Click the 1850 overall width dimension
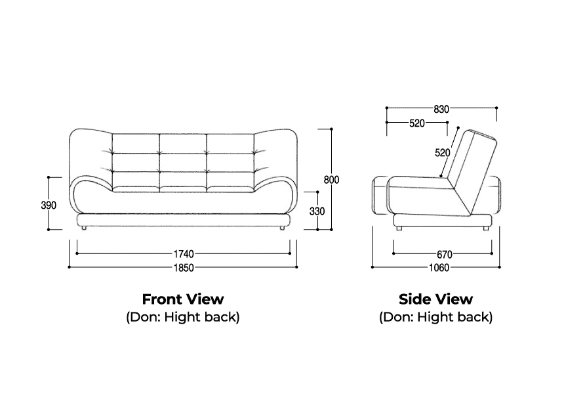pyautogui.click(x=184, y=268)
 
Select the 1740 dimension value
pyautogui.click(x=184, y=254)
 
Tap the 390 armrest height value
pyautogui.click(x=49, y=205)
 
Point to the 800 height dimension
pyautogui.click(x=331, y=179)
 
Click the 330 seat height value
pyautogui.click(x=317, y=211)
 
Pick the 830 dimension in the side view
pyautogui.click(x=441, y=109)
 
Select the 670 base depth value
pyautogui.click(x=445, y=255)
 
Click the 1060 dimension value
pyautogui.click(x=439, y=268)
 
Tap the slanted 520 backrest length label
pyautogui.click(x=443, y=153)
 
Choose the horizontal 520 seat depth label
pyautogui.click(x=417, y=123)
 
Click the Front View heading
pyautogui.click(x=183, y=299)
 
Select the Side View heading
pyautogui.click(x=435, y=299)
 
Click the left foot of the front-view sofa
pyautogui.click(x=83, y=228)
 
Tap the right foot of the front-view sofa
pyautogui.click(x=283, y=228)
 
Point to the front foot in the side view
pyautogui.click(x=399, y=228)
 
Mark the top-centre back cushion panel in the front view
pyautogui.click(x=183, y=143)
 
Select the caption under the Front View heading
pyautogui.click(x=183, y=317)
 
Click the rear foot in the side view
pyautogui.click(x=485, y=228)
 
